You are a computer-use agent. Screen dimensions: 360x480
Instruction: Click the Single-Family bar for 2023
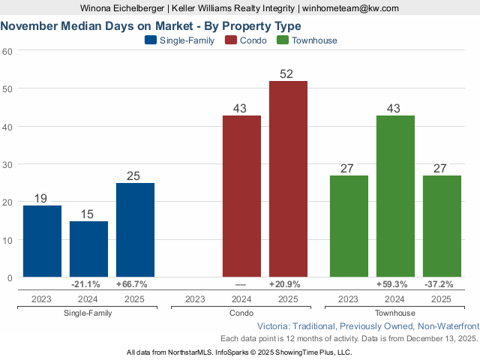pyautogui.click(x=42, y=241)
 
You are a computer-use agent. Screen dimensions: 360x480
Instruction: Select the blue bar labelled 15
pyautogui.click(x=88, y=249)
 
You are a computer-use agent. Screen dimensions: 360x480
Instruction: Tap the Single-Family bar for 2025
pyautogui.click(x=135, y=229)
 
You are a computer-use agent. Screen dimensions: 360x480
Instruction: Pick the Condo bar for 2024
pyautogui.click(x=241, y=196)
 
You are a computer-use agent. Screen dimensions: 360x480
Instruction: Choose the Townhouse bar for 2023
pyautogui.click(x=349, y=226)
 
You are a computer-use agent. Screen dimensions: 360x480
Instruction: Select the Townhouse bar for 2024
pyautogui.click(x=395, y=196)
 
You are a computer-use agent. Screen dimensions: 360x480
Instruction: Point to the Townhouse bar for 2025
pyautogui.click(x=442, y=226)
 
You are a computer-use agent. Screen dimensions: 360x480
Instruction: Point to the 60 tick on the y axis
pyautogui.click(x=7, y=51)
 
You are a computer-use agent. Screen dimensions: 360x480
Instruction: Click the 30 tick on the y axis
pyautogui.click(x=7, y=164)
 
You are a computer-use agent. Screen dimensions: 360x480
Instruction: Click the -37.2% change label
pyautogui.click(x=442, y=285)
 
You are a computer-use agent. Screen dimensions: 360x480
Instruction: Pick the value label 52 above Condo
pyautogui.click(x=287, y=73)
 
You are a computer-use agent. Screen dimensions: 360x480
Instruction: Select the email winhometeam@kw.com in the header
pyautogui.click(x=350, y=7)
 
